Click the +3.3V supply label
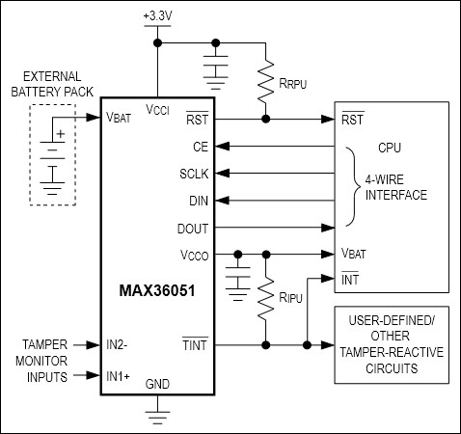tap(157, 17)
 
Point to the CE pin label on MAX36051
tap(201, 147)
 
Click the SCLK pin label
tap(194, 174)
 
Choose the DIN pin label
tap(198, 201)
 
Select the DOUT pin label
tap(193, 229)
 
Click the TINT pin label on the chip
tap(196, 343)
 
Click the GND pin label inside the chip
tap(157, 384)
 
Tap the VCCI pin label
tap(157, 110)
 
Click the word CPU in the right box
tap(390, 149)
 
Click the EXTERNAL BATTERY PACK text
tap(53, 83)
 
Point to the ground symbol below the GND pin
tap(157, 417)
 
